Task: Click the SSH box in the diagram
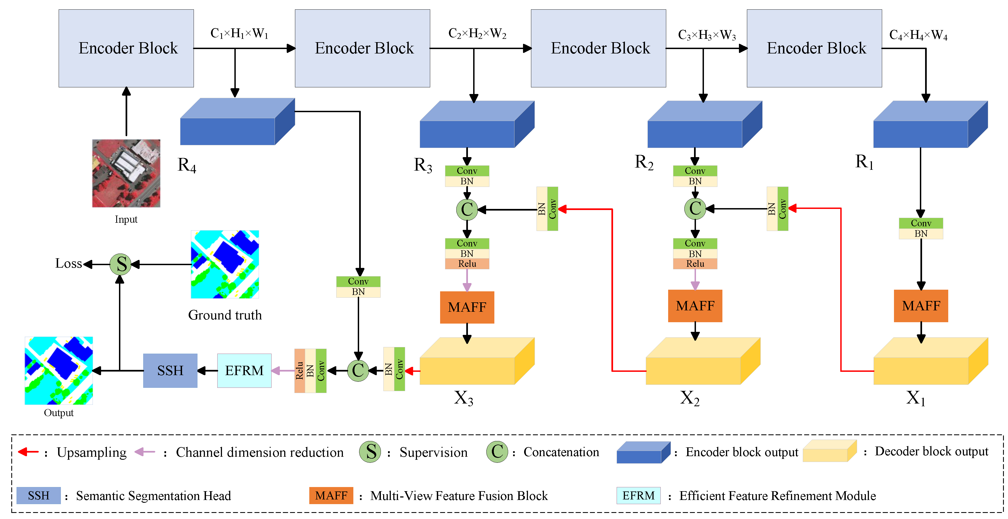pyautogui.click(x=170, y=370)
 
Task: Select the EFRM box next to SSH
pyautogui.click(x=244, y=370)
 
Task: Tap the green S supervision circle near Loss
pyautogui.click(x=121, y=264)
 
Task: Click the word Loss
pyautogui.click(x=69, y=263)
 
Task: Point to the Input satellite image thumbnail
pyautogui.click(x=126, y=173)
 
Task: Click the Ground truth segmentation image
pyautogui.click(x=225, y=264)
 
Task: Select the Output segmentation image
pyautogui.click(x=59, y=370)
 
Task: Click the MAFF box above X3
pyautogui.click(x=467, y=307)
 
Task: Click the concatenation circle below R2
pyautogui.click(x=695, y=208)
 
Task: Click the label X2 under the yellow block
pyautogui.click(x=689, y=398)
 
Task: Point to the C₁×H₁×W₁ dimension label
pyautogui.click(x=239, y=33)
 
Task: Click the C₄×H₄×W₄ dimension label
pyautogui.click(x=918, y=35)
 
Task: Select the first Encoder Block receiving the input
pyautogui.click(x=126, y=48)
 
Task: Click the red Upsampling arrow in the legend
pyautogui.click(x=28, y=452)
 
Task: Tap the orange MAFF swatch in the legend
pyautogui.click(x=331, y=496)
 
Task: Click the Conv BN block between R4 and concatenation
pyautogui.click(x=358, y=287)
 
